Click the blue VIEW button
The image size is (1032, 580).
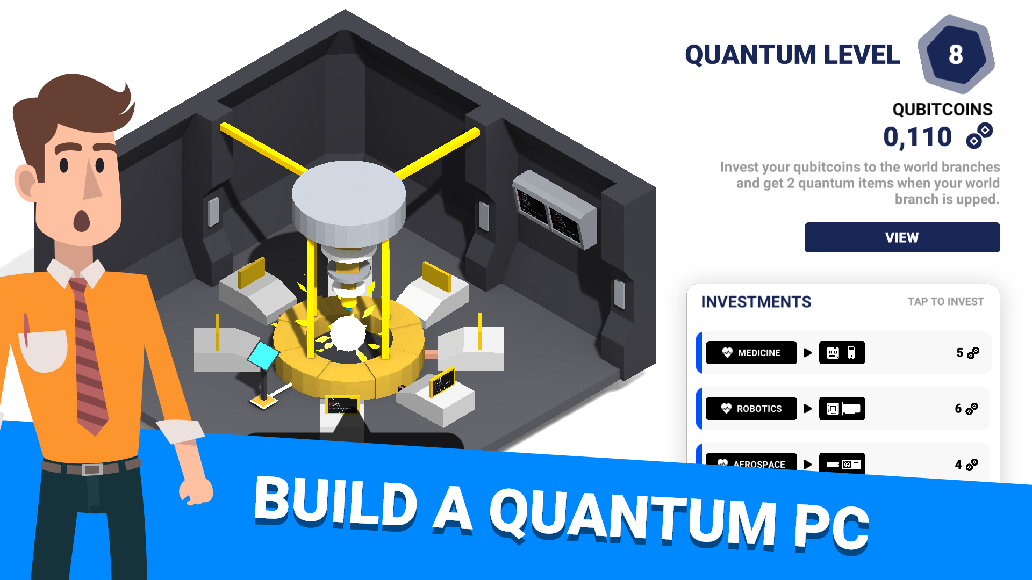tap(902, 237)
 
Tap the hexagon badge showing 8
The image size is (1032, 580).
tap(956, 54)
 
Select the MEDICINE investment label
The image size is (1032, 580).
tap(751, 353)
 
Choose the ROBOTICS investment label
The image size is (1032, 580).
tap(751, 409)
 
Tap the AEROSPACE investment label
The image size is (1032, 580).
tap(751, 462)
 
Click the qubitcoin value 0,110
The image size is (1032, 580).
tap(918, 137)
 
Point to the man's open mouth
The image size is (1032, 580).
tap(82, 220)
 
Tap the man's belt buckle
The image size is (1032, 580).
tap(92, 469)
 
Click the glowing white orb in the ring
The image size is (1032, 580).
tap(348, 333)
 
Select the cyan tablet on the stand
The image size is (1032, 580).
tap(263, 355)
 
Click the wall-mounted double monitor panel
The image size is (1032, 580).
tap(554, 210)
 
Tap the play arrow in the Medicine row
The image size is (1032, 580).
tap(807, 353)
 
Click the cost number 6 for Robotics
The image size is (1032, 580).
tap(958, 409)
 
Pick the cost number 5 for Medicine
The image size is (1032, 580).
tap(960, 353)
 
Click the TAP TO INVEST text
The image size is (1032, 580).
tap(945, 302)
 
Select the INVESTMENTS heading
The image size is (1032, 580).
tap(756, 302)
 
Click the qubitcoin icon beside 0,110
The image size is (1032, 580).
tap(979, 135)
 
